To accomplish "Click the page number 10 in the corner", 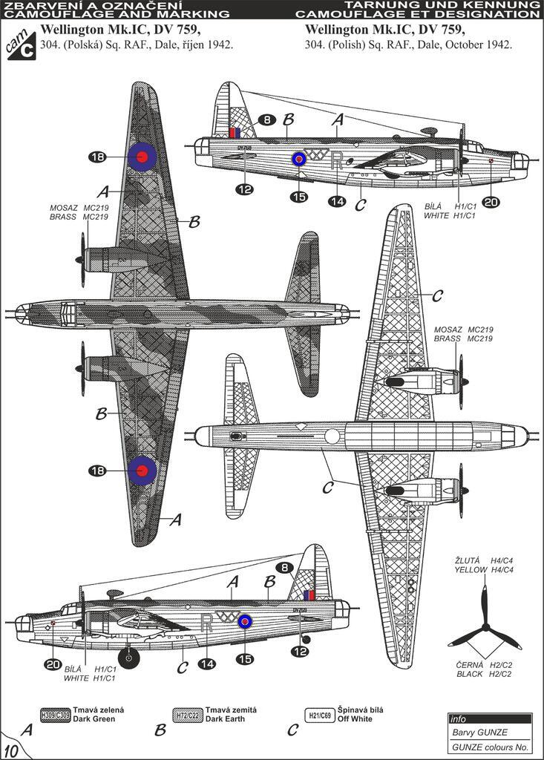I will click(x=12, y=747).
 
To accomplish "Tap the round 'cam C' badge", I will click(x=21, y=45).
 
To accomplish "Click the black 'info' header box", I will click(x=490, y=718).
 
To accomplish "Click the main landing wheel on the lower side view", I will click(x=129, y=655).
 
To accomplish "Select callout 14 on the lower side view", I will click(x=206, y=664).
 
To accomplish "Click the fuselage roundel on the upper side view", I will click(x=298, y=158).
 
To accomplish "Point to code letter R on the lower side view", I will click(x=207, y=622).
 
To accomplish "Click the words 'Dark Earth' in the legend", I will click(x=224, y=719).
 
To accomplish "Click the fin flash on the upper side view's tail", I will click(x=235, y=133).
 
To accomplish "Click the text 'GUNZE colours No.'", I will click(x=490, y=747).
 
